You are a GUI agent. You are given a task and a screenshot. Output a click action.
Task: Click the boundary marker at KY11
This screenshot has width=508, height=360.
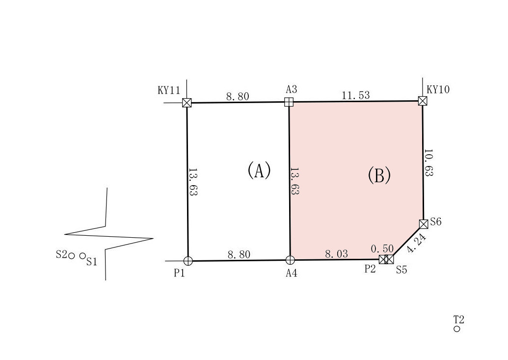[x=187, y=103]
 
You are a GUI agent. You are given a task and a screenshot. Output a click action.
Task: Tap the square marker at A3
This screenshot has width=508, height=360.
[x=289, y=102]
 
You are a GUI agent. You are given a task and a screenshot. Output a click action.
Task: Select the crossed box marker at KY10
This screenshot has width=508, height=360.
[x=423, y=101]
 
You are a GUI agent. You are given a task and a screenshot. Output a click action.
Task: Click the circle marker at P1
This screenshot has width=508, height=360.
[x=188, y=261]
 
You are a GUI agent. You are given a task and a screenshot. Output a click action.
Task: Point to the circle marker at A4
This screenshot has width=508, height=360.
[x=290, y=260]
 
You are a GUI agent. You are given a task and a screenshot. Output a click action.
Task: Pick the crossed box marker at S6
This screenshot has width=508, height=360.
[x=424, y=224]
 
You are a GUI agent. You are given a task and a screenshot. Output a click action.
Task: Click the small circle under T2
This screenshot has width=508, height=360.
[x=457, y=329]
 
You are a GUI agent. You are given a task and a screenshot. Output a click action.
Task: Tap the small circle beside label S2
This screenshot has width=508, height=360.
[x=72, y=256]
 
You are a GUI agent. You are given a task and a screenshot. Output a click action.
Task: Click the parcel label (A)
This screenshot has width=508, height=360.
[x=259, y=170]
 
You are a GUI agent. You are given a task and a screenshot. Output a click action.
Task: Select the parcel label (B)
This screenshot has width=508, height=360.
[x=379, y=175]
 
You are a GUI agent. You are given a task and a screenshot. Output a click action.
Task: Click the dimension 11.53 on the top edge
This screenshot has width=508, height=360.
[x=356, y=95]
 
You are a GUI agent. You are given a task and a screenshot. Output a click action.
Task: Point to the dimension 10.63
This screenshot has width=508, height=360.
[x=428, y=163]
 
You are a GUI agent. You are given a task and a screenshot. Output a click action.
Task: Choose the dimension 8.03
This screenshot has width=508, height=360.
[x=336, y=254]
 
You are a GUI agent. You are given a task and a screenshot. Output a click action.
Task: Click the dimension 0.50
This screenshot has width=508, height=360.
[x=382, y=249]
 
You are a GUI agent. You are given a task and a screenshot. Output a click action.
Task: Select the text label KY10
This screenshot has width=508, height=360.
[x=438, y=89]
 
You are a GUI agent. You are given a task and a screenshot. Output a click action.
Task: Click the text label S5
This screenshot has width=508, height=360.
[x=401, y=270]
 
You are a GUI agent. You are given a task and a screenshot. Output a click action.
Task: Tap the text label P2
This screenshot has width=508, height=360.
[x=370, y=269]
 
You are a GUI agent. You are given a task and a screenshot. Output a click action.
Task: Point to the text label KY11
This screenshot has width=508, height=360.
[x=169, y=90]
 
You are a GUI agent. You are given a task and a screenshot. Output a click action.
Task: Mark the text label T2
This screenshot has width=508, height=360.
[x=459, y=320]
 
